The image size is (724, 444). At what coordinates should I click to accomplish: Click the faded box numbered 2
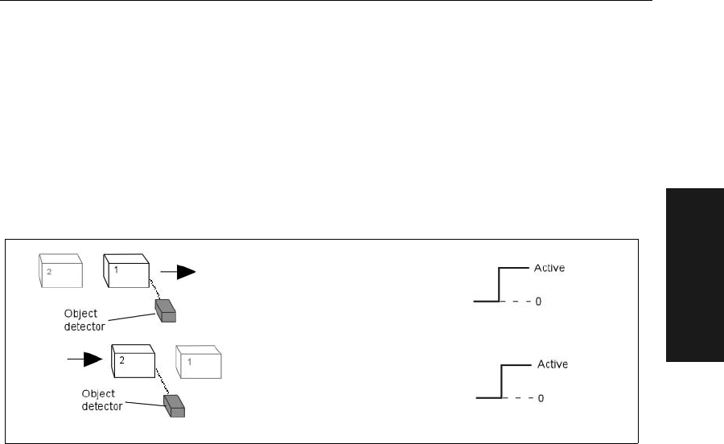[x=60, y=270]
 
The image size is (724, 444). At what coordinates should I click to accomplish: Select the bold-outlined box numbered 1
[x=126, y=270]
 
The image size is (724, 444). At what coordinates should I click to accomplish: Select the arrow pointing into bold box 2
[x=86, y=360]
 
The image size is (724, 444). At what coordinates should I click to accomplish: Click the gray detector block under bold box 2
[x=174, y=405]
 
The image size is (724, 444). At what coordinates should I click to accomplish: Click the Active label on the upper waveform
[x=549, y=268]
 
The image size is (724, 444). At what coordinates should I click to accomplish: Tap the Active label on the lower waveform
[x=552, y=364]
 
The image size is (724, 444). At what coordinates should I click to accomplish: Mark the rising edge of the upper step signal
[x=500, y=285]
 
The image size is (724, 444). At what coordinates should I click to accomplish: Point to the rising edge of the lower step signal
[x=503, y=381]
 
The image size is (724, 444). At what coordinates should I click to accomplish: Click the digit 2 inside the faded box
[x=49, y=272]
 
